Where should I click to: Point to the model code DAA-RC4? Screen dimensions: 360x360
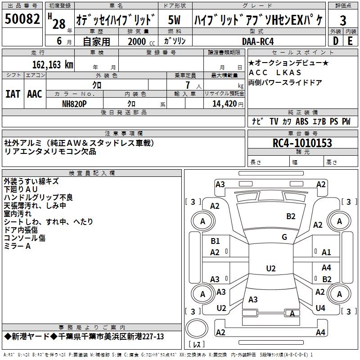coord(257,41)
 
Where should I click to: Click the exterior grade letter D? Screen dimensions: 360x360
coord(335,41)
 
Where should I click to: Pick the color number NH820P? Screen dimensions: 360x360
coord(75,103)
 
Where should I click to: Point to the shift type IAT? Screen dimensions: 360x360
coord(13,94)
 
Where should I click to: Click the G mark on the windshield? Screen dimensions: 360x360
coord(284,237)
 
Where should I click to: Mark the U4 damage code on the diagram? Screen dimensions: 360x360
coord(320,308)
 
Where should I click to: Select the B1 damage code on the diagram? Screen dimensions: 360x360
coord(215,241)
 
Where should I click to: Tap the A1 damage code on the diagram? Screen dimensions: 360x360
coord(326,252)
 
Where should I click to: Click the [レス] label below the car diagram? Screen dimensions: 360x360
coord(197,345)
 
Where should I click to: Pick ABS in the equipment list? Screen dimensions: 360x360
coord(302,121)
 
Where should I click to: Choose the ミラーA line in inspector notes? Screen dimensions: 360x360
coord(17,246)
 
